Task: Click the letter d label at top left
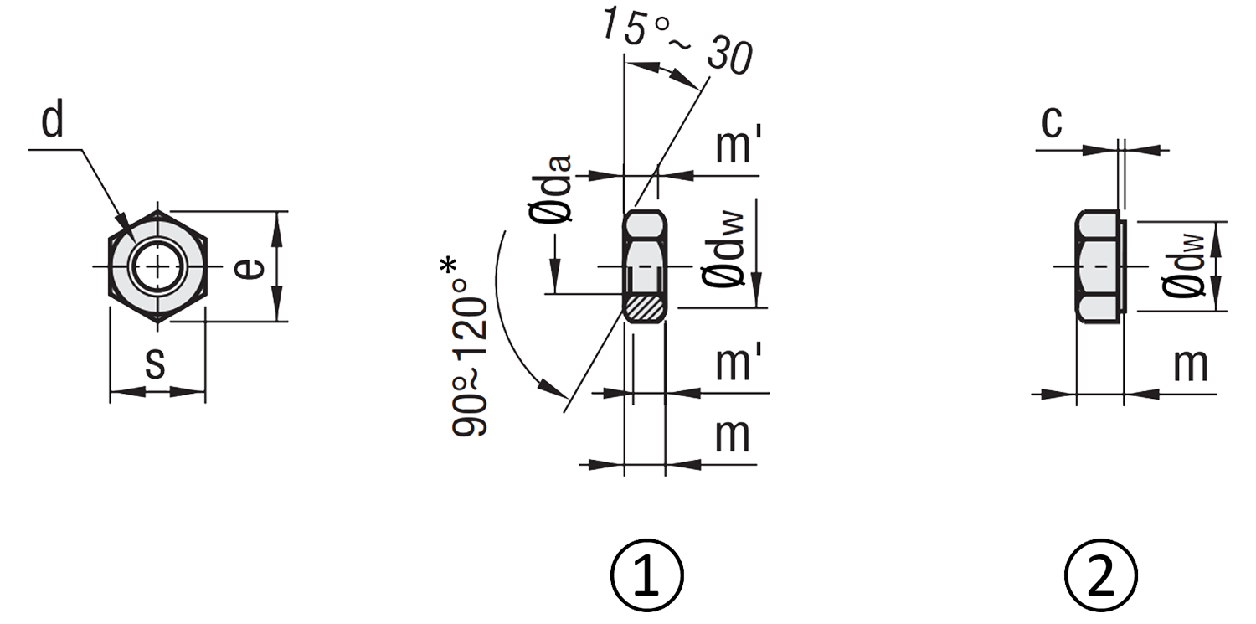pyautogui.click(x=52, y=120)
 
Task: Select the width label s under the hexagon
pyautogui.click(x=155, y=363)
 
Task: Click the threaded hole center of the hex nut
pyautogui.click(x=157, y=266)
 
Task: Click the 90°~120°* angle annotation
pyautogui.click(x=469, y=348)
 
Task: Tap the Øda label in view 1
pyautogui.click(x=555, y=188)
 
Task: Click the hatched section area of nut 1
pyautogui.click(x=645, y=309)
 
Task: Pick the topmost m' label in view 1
pyautogui.click(x=739, y=145)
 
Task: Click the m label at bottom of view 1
pyautogui.click(x=733, y=435)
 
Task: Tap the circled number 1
pyautogui.click(x=647, y=575)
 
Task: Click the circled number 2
pyautogui.click(x=1101, y=575)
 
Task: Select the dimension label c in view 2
pyautogui.click(x=1052, y=121)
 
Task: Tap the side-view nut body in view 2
pyautogui.click(x=1098, y=266)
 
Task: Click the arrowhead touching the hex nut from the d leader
pyautogui.click(x=125, y=228)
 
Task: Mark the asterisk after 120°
pyautogui.click(x=449, y=267)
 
